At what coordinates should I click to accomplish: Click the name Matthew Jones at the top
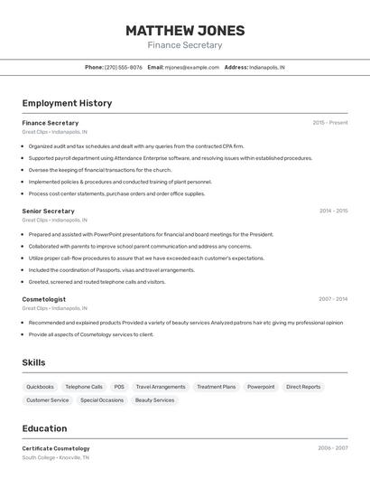point(184,30)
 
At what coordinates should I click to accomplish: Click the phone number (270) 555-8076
point(124,67)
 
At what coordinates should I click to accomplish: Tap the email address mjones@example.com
point(193,67)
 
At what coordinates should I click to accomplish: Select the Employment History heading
point(67,103)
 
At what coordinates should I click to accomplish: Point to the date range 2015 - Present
point(330,123)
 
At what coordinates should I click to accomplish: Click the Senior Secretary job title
point(49,211)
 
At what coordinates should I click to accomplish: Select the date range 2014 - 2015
point(333,211)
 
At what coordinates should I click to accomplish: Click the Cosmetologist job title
point(44,299)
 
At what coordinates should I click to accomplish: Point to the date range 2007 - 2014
point(333,299)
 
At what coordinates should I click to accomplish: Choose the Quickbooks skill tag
point(40,387)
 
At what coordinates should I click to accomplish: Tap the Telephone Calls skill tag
point(84,387)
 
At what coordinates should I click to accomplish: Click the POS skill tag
point(119,387)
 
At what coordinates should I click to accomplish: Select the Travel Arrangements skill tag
point(161,387)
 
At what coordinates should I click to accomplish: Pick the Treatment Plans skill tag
point(217,387)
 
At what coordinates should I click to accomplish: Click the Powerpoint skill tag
point(261,387)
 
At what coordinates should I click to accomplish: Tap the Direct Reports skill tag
point(303,387)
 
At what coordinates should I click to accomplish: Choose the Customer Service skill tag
point(48,400)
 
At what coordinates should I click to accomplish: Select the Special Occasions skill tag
point(102,400)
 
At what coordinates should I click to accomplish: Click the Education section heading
point(45,428)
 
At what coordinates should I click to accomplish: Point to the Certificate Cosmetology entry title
point(56,448)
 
